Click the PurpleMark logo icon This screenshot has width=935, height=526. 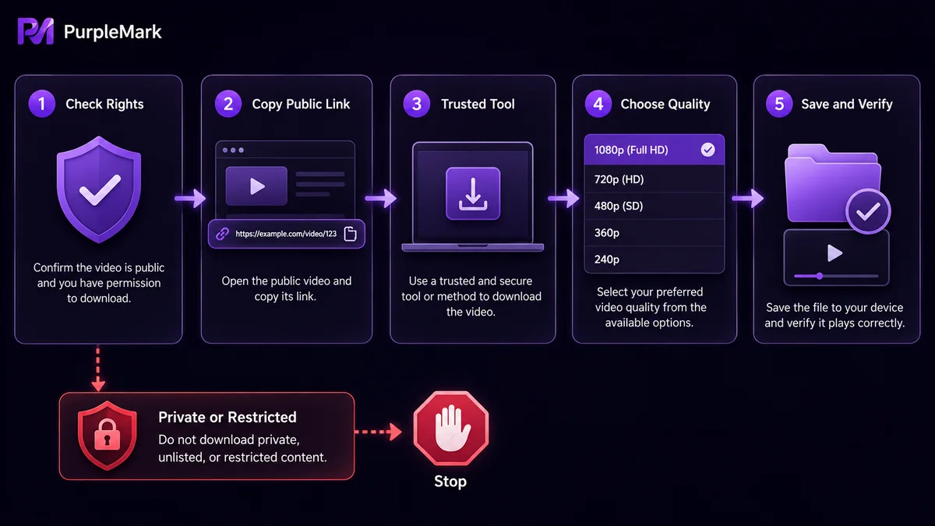click(36, 31)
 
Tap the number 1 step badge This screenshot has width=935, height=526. click(42, 104)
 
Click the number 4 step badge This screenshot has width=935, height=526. click(598, 104)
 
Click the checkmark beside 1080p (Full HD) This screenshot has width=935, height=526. click(707, 150)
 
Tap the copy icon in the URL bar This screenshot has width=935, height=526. click(350, 234)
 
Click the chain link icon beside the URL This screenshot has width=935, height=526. click(223, 234)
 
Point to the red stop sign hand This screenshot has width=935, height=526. click(451, 428)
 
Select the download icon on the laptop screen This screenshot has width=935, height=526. click(473, 194)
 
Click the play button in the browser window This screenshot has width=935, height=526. click(256, 186)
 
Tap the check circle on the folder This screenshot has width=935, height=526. click(868, 212)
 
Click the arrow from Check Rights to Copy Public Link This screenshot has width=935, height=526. click(190, 198)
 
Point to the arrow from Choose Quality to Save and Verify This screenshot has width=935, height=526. click(748, 198)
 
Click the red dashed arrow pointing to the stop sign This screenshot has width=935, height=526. click(378, 432)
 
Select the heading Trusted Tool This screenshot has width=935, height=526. click(478, 104)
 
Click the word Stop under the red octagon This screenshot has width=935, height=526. click(450, 482)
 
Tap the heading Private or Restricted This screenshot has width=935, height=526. click(228, 417)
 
